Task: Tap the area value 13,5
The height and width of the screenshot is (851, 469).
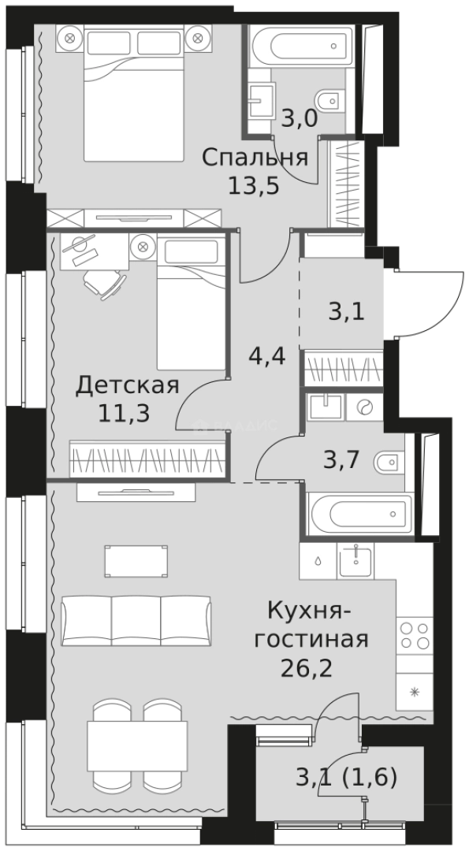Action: pyautogui.click(x=254, y=188)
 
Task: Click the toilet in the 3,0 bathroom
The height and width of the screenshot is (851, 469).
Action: pyautogui.click(x=326, y=101)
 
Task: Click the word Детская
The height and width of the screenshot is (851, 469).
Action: pyautogui.click(x=127, y=385)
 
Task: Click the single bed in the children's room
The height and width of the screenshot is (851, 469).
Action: pyautogui.click(x=191, y=307)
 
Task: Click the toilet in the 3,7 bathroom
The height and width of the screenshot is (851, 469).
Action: pyautogui.click(x=391, y=463)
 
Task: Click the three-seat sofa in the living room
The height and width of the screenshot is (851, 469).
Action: pyautogui.click(x=136, y=618)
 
